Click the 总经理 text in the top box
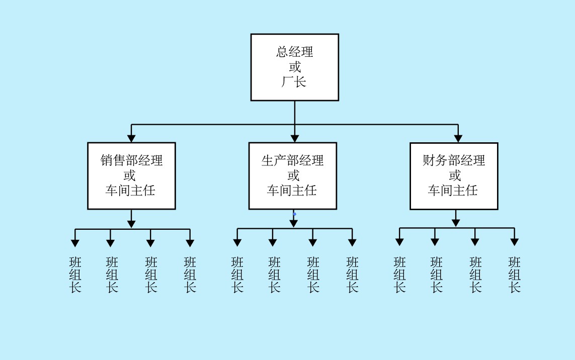tap(294, 52)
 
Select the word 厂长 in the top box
tap(294, 82)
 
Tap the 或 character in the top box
tap(294, 67)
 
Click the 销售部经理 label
tap(131, 160)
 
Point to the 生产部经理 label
tap(292, 160)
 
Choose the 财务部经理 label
tap(454, 160)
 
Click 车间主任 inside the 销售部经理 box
tap(130, 191)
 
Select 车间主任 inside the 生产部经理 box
tap(292, 191)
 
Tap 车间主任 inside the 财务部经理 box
tap(453, 191)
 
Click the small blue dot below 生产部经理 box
tap(295, 214)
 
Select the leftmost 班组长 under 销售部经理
tap(75, 275)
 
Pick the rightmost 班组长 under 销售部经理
tap(190, 275)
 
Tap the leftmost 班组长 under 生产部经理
tap(237, 275)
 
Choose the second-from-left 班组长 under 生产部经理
tap(274, 275)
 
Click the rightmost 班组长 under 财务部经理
tap(514, 275)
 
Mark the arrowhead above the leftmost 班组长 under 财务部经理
tap(399, 242)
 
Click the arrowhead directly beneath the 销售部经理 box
tap(131, 224)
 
